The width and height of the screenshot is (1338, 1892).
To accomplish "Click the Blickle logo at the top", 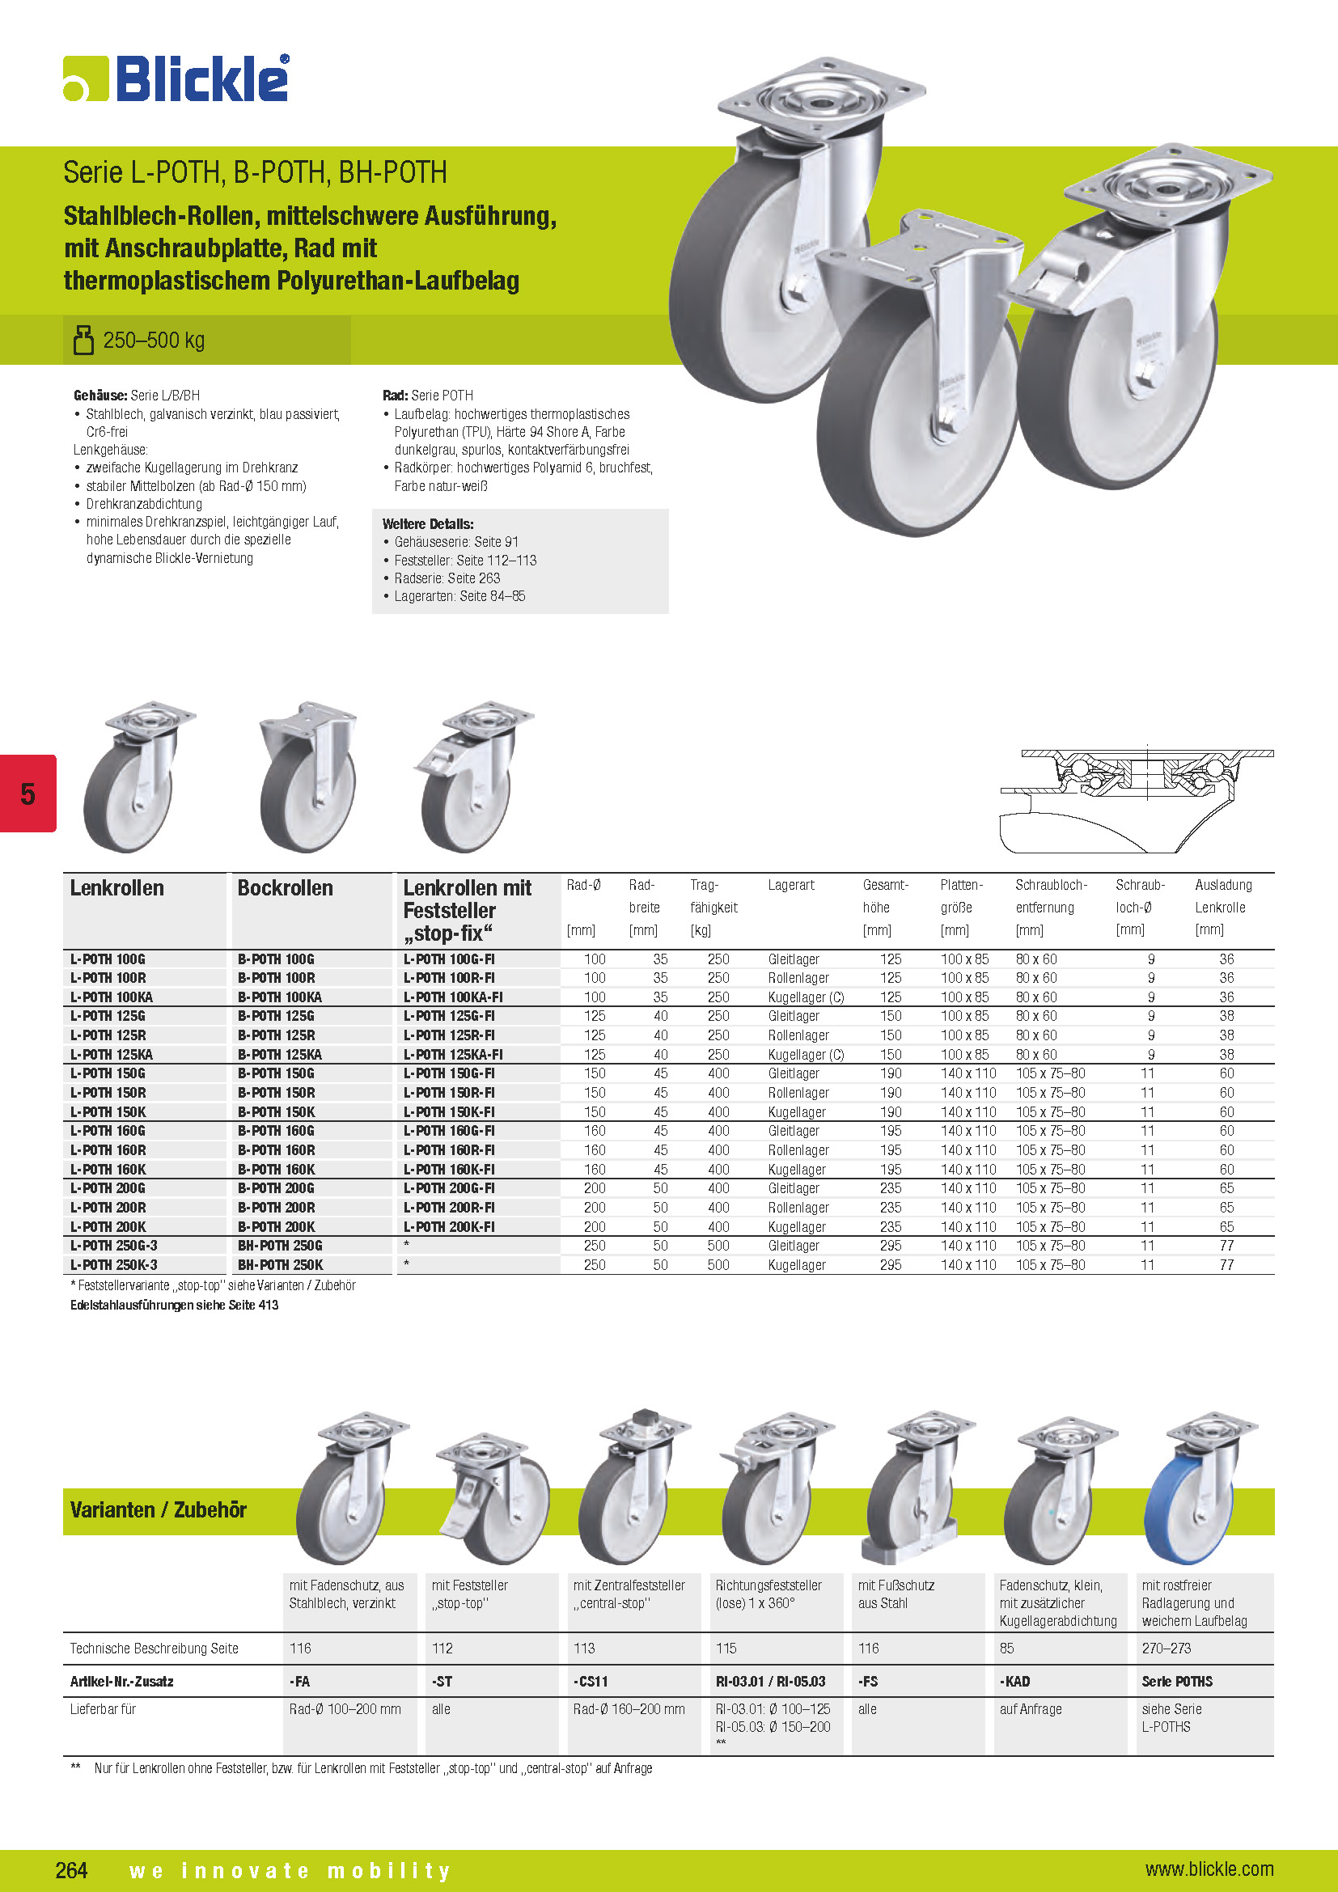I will (x=176, y=79).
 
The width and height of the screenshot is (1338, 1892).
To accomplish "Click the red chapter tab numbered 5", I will (x=28, y=794).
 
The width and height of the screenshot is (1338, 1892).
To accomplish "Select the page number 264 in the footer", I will (x=72, y=1869).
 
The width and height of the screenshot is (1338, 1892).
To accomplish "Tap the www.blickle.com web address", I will (x=1209, y=1869).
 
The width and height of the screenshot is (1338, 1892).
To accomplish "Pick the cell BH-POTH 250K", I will (x=280, y=1265).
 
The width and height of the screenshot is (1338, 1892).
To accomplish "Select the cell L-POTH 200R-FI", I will (x=449, y=1207).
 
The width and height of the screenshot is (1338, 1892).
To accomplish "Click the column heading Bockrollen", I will (x=285, y=888).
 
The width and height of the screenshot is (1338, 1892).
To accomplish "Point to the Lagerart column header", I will (x=791, y=885).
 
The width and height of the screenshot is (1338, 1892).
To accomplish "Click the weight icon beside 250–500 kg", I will (x=83, y=340).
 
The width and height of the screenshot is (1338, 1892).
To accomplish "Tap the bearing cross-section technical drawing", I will (x=1137, y=799).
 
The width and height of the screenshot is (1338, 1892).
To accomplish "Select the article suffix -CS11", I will (x=591, y=1681).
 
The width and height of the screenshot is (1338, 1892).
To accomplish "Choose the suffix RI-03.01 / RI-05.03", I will (x=770, y=1681).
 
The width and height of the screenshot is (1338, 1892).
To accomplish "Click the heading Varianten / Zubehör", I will (x=159, y=1509).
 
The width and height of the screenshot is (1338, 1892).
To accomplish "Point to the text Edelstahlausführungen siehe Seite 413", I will (x=175, y=1306).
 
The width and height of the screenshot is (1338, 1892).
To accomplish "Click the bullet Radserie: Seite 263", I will (x=447, y=578).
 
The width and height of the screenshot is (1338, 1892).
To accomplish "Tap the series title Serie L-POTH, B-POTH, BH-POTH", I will (x=256, y=172).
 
